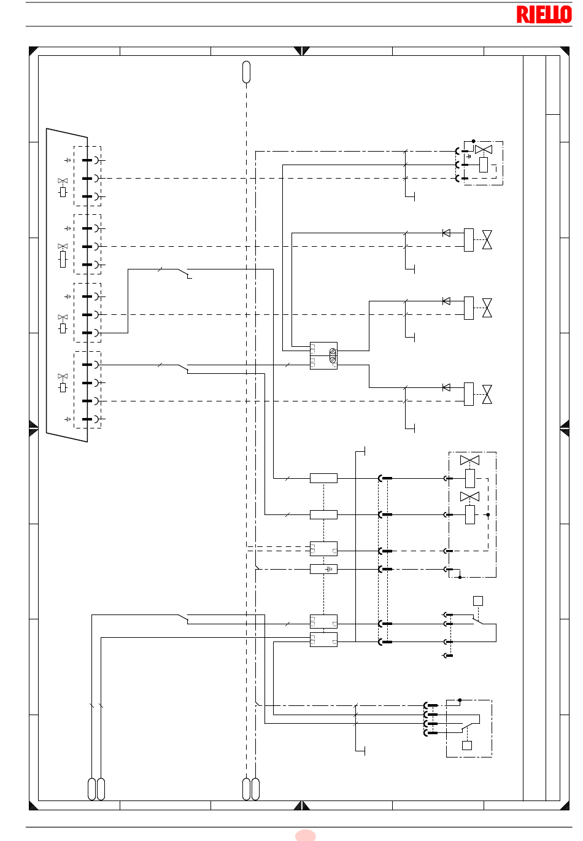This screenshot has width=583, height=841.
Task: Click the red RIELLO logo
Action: click(544, 14)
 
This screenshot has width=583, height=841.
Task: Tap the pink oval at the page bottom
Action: click(305, 835)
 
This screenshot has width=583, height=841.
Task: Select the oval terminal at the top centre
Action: click(246, 72)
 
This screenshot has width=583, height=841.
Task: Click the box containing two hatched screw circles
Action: click(323, 355)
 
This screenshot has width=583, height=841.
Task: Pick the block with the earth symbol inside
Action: click(323, 569)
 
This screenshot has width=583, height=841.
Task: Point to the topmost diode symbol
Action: click(446, 233)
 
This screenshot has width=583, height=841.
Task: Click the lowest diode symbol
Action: click(446, 387)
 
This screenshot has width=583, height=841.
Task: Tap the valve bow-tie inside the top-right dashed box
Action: click(483, 150)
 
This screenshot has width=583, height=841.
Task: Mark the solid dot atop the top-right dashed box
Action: click(473, 141)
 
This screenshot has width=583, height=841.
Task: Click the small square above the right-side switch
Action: click(478, 601)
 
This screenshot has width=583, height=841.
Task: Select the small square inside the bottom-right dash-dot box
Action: click(466, 745)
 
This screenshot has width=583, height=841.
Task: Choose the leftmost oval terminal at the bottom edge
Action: click(91, 789)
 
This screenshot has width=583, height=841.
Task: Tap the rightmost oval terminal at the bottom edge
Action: click(255, 789)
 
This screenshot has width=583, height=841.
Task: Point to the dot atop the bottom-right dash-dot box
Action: click(460, 700)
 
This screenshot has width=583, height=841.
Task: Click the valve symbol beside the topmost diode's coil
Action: click(487, 240)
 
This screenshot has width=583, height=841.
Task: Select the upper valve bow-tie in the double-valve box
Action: click(469, 460)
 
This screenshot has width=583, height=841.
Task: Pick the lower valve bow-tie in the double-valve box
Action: click(469, 497)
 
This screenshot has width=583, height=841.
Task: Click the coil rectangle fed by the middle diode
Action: click(468, 308)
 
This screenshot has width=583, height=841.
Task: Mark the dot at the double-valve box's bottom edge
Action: click(460, 578)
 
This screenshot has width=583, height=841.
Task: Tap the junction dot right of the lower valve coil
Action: click(488, 515)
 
